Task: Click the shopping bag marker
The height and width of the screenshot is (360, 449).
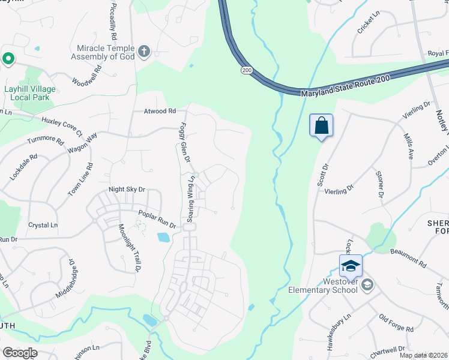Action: tap(322, 126)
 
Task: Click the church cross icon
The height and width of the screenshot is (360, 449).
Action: tap(143, 52)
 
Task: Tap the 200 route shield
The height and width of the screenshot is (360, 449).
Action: tap(247, 70)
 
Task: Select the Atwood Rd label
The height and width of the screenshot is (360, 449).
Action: tap(160, 111)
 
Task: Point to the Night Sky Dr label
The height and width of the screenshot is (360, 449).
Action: tap(127, 189)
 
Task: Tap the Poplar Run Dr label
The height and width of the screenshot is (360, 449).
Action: tap(157, 220)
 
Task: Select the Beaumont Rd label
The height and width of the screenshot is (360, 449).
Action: tap(408, 259)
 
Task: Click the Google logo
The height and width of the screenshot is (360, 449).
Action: tap(19, 352)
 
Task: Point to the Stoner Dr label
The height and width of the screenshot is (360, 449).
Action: tap(379, 184)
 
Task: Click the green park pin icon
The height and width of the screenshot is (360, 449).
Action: tap(8, 59)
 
